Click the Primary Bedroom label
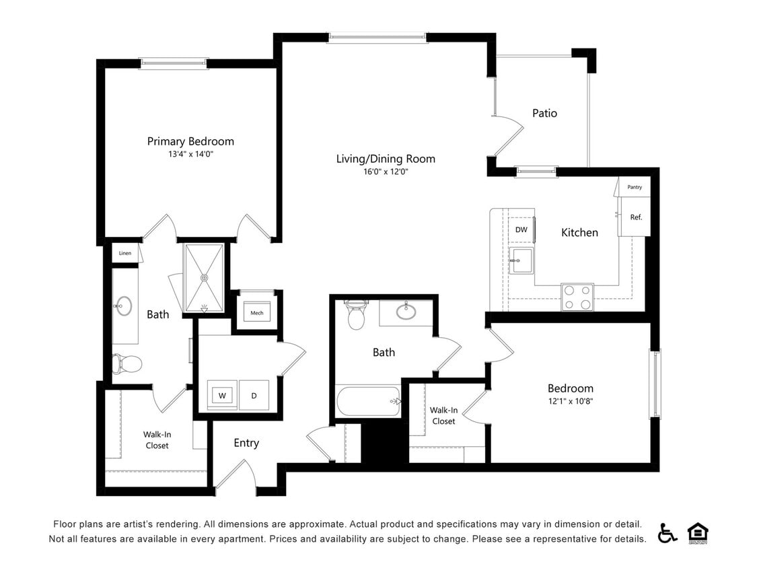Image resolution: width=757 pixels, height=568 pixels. (190, 141)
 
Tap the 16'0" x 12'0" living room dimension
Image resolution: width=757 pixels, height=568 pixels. (386, 172)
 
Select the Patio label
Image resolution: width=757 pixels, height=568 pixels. (544, 113)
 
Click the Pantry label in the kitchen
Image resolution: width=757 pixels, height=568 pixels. (634, 187)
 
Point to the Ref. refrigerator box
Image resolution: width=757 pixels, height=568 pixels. (635, 217)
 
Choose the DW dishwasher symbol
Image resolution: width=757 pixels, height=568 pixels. (521, 229)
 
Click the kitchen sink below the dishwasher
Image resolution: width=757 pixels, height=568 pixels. (521, 260)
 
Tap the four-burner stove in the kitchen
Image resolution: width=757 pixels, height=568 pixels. (577, 297)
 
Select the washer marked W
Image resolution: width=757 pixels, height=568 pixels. (222, 395)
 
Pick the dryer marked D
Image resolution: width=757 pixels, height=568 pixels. (254, 395)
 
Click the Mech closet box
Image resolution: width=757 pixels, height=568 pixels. (257, 313)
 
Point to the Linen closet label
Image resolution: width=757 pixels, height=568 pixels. (125, 253)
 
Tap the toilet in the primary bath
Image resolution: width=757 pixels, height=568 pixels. (128, 363)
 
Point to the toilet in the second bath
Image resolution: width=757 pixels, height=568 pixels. (356, 315)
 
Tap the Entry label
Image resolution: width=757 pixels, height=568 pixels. (246, 443)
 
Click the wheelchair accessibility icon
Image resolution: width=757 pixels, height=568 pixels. (667, 532)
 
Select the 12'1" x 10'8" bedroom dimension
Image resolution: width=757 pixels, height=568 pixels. (570, 401)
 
